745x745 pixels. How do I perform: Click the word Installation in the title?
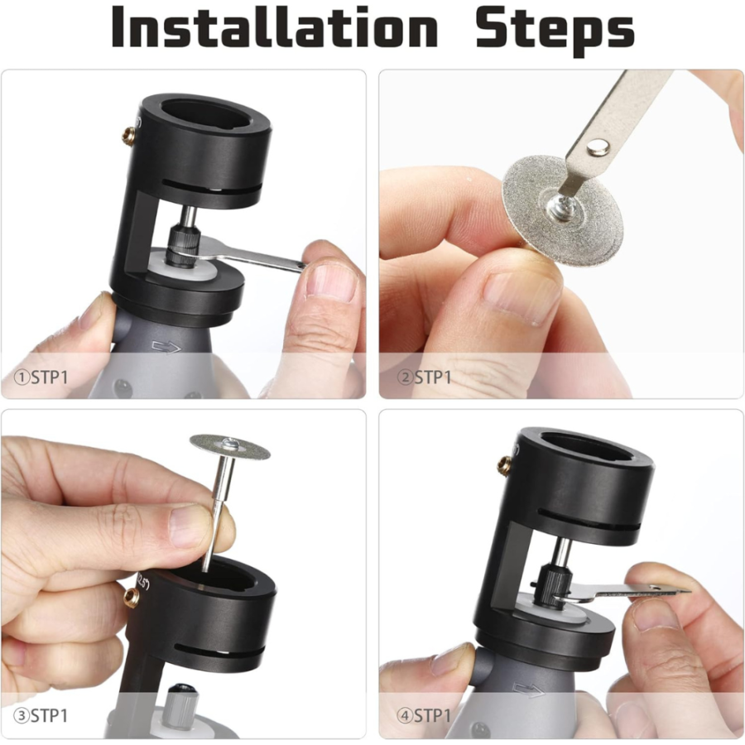coord(274,27)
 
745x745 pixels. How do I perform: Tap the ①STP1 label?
coord(41,377)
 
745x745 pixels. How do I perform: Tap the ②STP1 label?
coord(424,377)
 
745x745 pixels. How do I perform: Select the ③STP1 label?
coord(41,716)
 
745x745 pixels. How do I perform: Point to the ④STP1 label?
coord(424,716)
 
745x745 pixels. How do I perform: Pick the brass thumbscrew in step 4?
coord(506,465)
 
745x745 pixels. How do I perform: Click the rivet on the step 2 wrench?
coord(598,148)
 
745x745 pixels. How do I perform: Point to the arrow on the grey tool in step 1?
coord(166,348)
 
